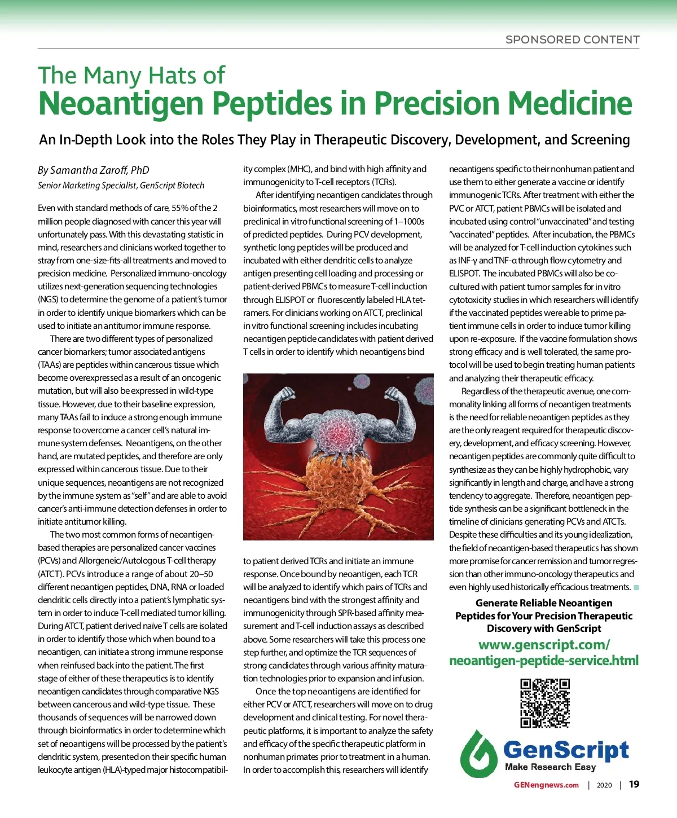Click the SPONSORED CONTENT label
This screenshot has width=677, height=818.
click(x=572, y=39)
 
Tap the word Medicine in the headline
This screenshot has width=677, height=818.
click(x=569, y=103)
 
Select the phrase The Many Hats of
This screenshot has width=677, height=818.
click(x=131, y=76)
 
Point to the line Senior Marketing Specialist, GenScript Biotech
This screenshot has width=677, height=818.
click(x=121, y=186)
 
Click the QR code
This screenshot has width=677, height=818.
click(x=544, y=703)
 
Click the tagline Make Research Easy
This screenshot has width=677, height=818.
click(x=550, y=767)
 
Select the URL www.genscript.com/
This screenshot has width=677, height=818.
click(x=544, y=645)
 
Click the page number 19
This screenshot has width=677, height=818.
click(x=634, y=785)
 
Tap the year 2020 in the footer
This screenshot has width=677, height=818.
click(x=604, y=785)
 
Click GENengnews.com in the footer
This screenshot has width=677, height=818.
click(x=546, y=785)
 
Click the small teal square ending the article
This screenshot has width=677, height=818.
click(x=636, y=588)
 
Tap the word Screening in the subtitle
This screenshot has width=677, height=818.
click(x=600, y=140)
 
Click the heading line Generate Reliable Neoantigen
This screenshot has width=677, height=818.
click(x=544, y=603)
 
